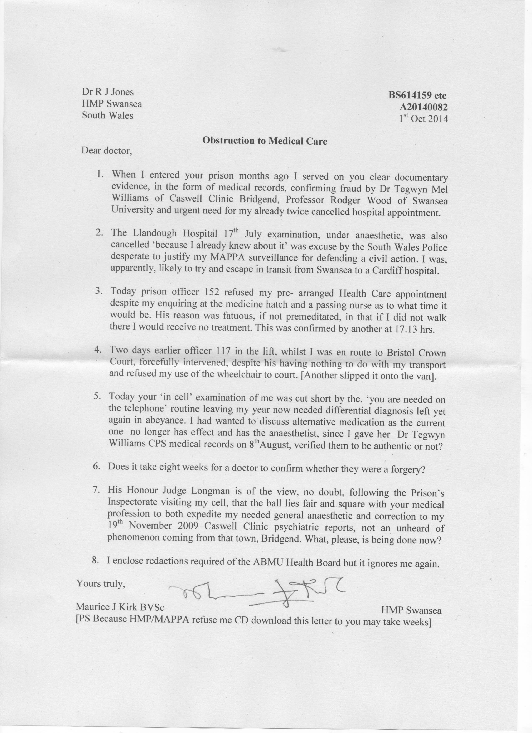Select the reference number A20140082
pyautogui.click(x=424, y=107)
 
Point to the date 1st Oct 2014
pyautogui.click(x=424, y=119)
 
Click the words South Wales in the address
pyautogui.click(x=107, y=115)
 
